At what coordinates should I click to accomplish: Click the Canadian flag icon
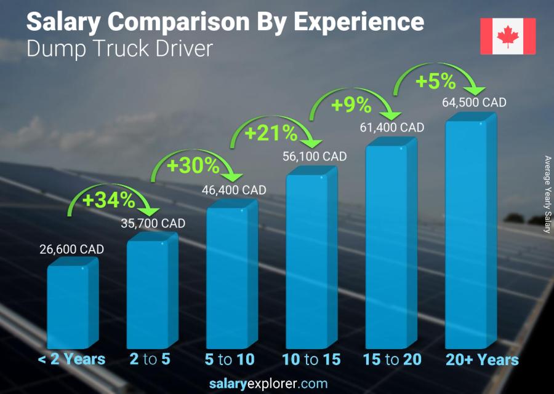point(508,36)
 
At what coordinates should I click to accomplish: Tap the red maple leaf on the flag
point(508,36)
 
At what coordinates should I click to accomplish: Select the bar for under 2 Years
point(69,305)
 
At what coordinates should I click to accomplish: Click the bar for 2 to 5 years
point(148,293)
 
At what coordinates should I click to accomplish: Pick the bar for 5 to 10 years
point(228,277)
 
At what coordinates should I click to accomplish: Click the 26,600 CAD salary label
point(73,250)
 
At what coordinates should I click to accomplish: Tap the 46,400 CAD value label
point(234,191)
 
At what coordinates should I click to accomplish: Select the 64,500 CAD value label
point(474,103)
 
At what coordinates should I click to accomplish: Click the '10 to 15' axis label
point(311,360)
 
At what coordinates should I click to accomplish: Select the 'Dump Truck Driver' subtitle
point(119,49)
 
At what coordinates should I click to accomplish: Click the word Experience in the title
point(358,22)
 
